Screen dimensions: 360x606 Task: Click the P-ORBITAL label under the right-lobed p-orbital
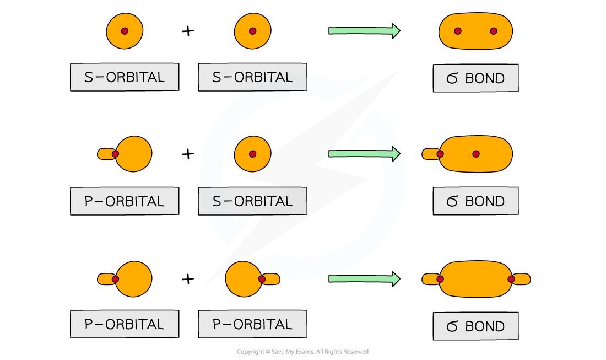pyautogui.click(x=252, y=324)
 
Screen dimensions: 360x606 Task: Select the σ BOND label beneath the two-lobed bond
pyautogui.click(x=475, y=326)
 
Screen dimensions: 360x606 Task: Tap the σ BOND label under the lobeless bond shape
pyautogui.click(x=475, y=78)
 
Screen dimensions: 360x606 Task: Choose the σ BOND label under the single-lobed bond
pyautogui.click(x=475, y=201)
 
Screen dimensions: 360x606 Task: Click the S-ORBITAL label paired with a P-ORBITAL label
pyautogui.click(x=252, y=201)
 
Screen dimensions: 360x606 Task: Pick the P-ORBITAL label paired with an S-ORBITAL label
pyautogui.click(x=125, y=201)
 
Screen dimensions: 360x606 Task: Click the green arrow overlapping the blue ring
pyautogui.click(x=364, y=154)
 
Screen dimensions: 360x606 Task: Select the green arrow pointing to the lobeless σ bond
pyautogui.click(x=364, y=31)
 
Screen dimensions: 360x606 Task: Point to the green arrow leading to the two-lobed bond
pyautogui.click(x=364, y=279)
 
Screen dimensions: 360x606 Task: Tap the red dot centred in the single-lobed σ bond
pyautogui.click(x=476, y=154)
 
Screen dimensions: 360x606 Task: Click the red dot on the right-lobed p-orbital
pyautogui.click(x=262, y=279)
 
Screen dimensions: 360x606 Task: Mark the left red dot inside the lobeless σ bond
pyautogui.click(x=458, y=31)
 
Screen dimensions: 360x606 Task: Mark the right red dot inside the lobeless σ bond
pyautogui.click(x=494, y=31)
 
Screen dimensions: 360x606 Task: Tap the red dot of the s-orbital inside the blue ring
pyautogui.click(x=252, y=154)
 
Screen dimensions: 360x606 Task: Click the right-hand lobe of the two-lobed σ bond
pyautogui.click(x=522, y=280)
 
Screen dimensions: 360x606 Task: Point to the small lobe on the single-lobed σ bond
pyautogui.click(x=430, y=154)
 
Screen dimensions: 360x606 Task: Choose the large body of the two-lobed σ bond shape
pyautogui.click(x=475, y=279)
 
